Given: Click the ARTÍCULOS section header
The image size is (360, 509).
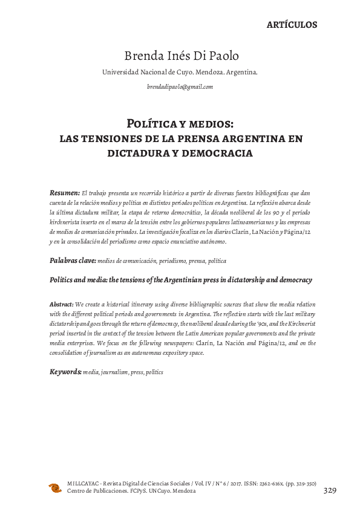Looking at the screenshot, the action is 292,25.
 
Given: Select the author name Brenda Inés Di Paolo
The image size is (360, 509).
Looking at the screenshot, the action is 181,56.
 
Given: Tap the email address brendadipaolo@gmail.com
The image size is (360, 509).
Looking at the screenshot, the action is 180,87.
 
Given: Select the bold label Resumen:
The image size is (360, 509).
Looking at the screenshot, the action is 64,192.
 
